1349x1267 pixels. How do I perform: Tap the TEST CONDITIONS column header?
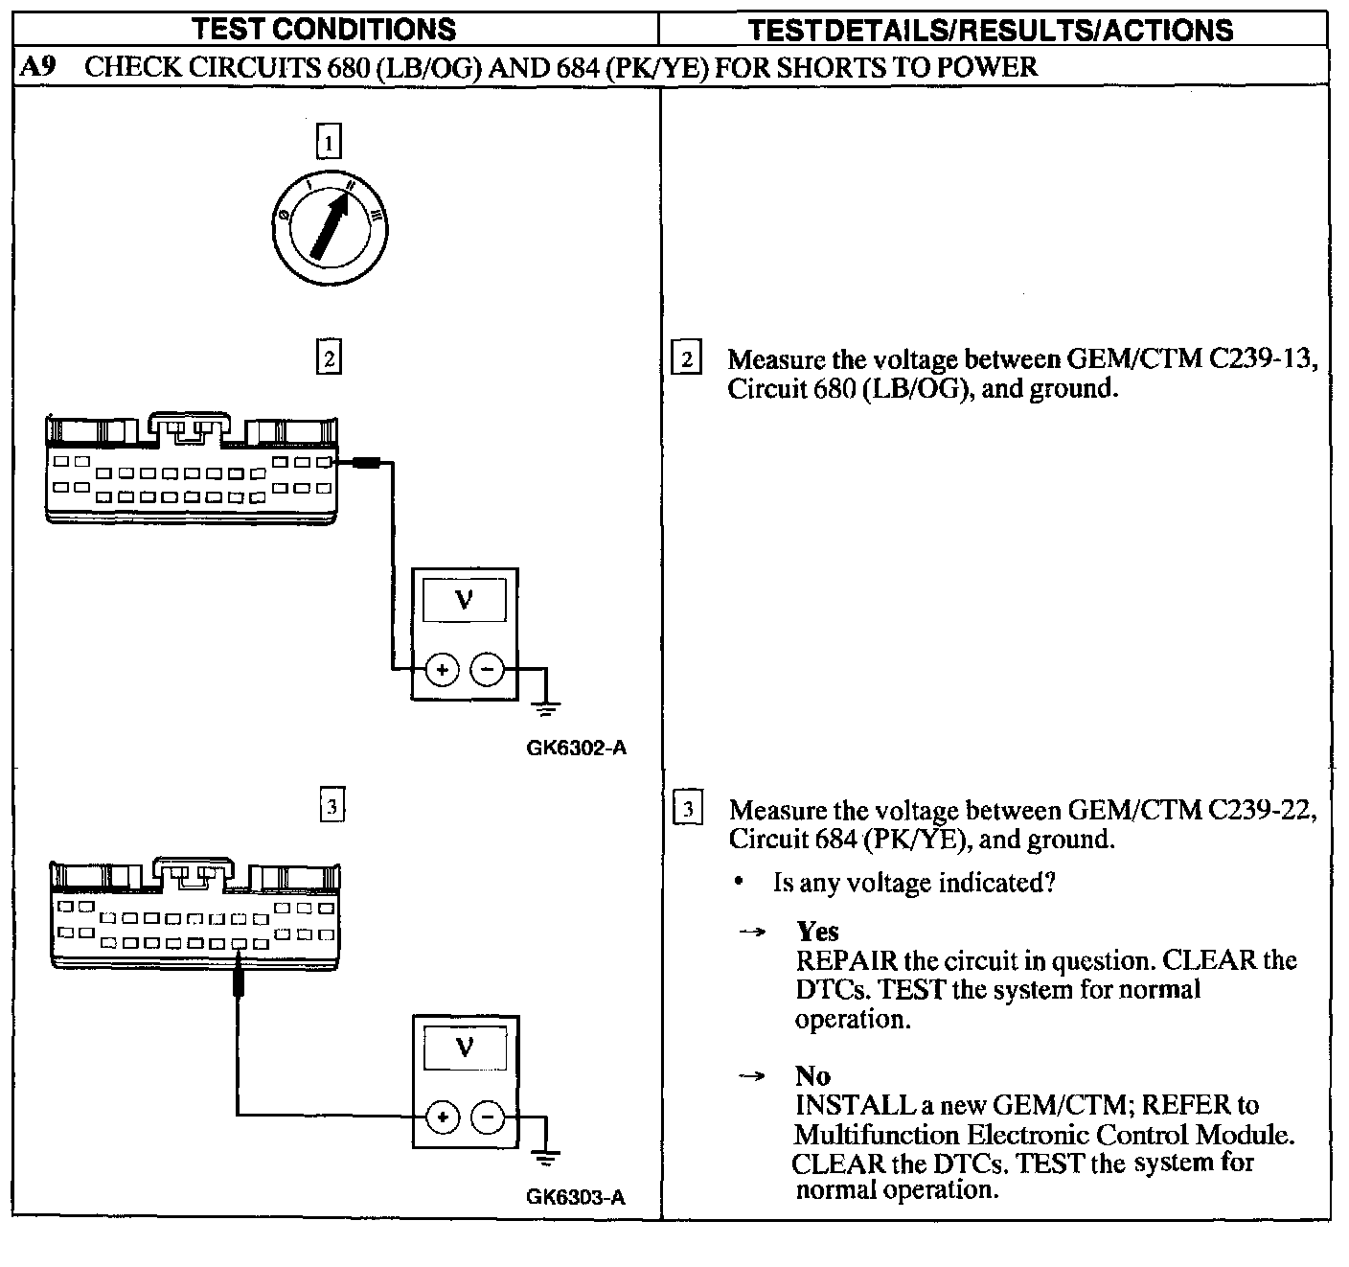tap(325, 30)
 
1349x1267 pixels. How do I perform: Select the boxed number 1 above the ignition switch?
tap(329, 143)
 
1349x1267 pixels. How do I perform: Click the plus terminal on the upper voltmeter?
tap(442, 669)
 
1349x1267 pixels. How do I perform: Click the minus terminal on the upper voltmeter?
tap(488, 669)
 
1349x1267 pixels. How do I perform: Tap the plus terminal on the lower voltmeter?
tap(443, 1117)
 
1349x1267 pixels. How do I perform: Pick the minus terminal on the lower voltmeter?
tap(489, 1117)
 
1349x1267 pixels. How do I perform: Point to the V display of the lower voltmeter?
tap(465, 1047)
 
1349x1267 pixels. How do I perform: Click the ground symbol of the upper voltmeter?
tap(546, 708)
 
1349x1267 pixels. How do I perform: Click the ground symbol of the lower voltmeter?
tap(546, 1157)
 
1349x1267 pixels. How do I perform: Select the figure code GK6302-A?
tap(577, 749)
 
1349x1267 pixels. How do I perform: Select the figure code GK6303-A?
tap(576, 1197)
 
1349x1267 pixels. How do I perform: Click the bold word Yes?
tap(817, 932)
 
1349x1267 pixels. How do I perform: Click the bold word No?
tap(812, 1076)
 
